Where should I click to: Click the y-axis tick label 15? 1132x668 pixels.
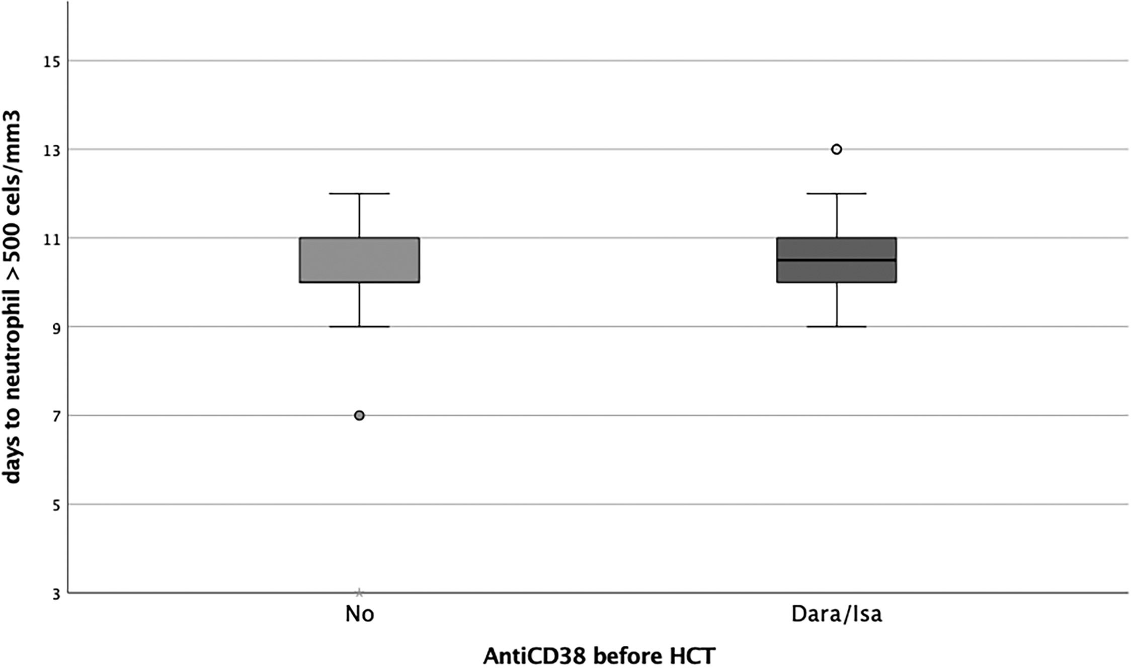(52, 61)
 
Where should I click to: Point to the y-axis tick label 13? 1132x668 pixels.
(52, 150)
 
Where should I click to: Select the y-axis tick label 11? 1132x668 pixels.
(52, 238)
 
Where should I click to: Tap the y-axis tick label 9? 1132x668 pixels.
(55, 327)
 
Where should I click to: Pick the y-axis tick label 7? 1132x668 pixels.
(55, 416)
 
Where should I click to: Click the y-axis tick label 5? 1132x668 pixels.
(55, 505)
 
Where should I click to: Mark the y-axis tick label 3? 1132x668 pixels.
(55, 594)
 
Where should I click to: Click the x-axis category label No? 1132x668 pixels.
(360, 614)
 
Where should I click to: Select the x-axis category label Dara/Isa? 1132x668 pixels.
(837, 614)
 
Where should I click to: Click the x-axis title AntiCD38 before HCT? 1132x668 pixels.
(599, 655)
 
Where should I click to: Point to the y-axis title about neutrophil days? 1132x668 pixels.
(12, 297)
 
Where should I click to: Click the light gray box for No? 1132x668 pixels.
(360, 260)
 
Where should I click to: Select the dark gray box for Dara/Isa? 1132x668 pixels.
(837, 260)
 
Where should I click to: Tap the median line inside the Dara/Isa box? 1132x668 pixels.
(837, 260)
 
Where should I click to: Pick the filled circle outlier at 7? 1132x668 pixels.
(359, 415)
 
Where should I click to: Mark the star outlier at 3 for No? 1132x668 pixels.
(359, 593)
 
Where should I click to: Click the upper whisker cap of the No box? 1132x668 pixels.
(360, 193)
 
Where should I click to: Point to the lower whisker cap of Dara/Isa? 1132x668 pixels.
(837, 326)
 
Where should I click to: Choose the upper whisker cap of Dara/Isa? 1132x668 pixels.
(837, 193)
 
